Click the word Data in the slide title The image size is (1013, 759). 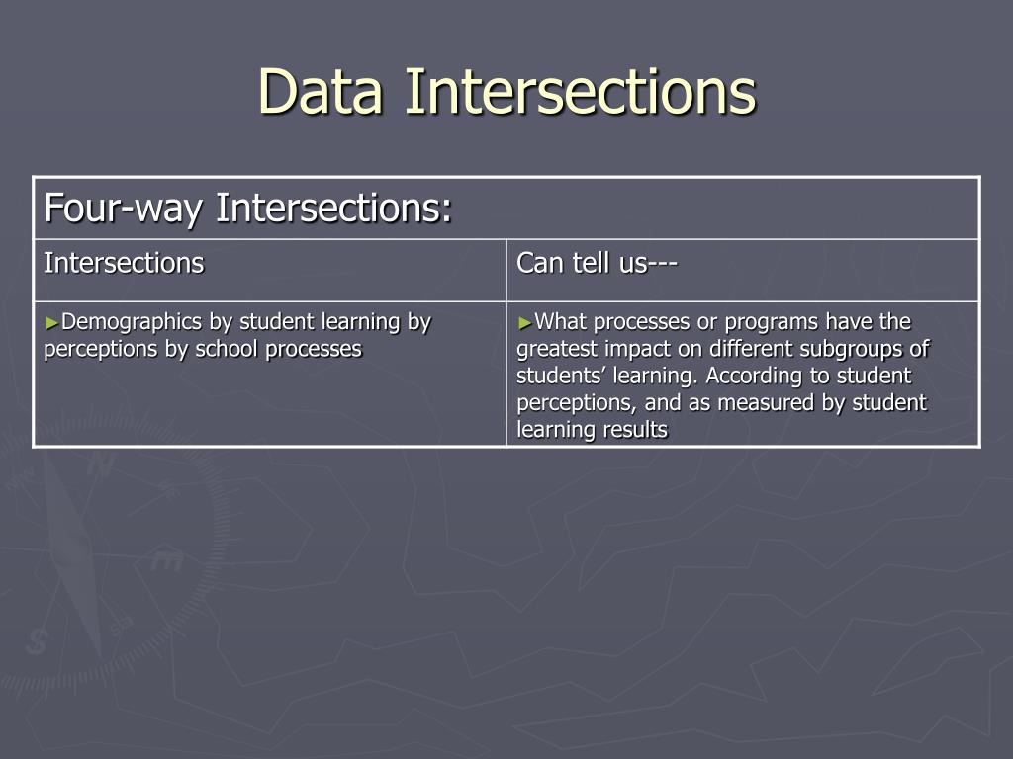322,91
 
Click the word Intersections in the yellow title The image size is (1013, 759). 580,91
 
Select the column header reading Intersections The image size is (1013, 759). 124,263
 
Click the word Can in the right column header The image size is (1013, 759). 538,263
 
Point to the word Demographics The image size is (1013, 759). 132,321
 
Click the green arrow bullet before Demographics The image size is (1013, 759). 51,322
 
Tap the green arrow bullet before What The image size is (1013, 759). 524,322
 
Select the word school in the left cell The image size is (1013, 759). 227,349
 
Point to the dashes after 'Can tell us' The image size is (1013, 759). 662,263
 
